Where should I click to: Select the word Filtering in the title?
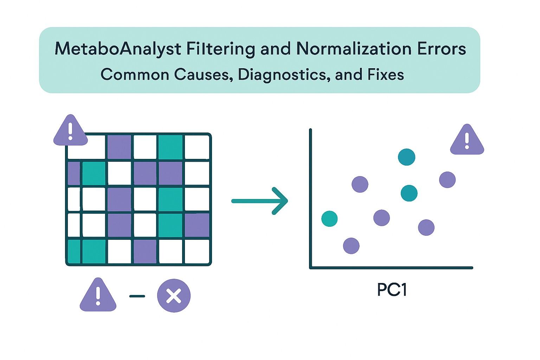[220, 49]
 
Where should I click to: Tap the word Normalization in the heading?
[354, 49]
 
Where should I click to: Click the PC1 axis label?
[392, 290]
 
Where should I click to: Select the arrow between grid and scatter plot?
[260, 201]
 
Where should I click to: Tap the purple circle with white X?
[174, 296]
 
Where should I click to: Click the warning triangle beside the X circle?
[98, 295]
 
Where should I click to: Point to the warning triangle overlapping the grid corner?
[70, 131]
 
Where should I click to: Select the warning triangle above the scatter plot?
[467, 140]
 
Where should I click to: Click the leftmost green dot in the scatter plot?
[329, 219]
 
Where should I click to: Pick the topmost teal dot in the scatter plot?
[406, 157]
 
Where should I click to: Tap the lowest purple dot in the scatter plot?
[351, 245]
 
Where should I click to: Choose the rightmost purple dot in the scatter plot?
[447, 180]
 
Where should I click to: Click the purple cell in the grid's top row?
[119, 147]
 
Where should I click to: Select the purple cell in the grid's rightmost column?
[197, 225]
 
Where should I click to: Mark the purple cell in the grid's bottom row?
[145, 251]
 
